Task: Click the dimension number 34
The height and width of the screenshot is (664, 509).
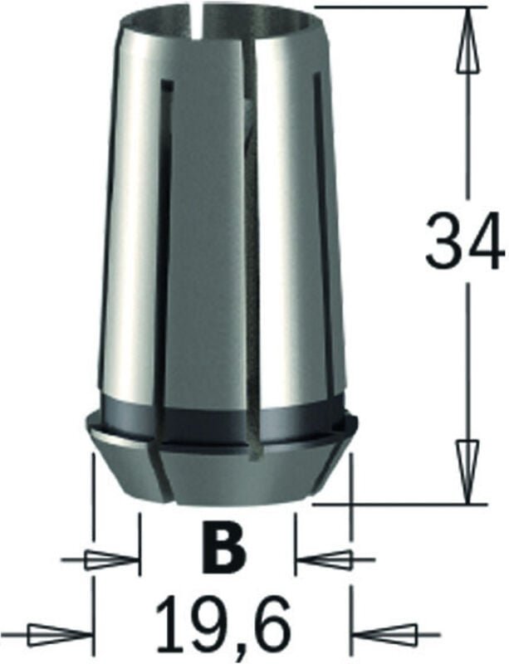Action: pos(463,242)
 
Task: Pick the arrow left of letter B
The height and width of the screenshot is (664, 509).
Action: pos(112,560)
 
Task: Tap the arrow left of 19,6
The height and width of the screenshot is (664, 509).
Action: pos(58,637)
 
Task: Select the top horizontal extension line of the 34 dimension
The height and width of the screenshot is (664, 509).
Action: pos(390,7)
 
